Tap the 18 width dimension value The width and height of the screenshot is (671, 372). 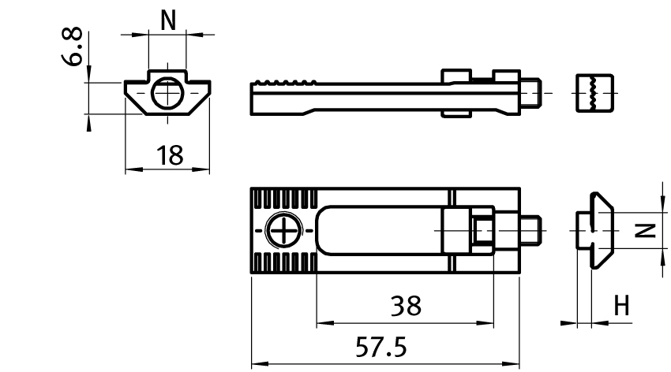click(168, 155)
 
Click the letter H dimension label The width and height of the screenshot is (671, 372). click(622, 306)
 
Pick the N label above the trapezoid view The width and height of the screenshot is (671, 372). click(168, 21)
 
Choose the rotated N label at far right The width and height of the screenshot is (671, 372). click(646, 230)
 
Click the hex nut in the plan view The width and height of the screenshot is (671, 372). click(483, 231)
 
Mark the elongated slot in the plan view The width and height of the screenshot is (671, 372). click(379, 230)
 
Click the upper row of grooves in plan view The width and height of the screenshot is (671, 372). click(284, 200)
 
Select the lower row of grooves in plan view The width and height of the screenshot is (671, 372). click(284, 262)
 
